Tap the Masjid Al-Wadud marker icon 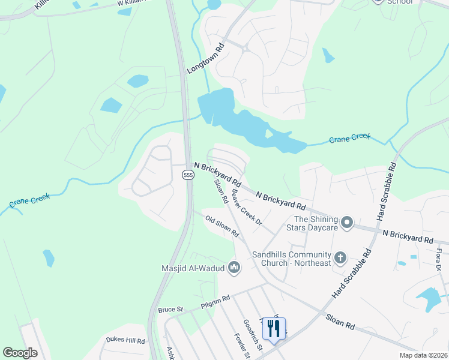234,268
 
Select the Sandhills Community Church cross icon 340,259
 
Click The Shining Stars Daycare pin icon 347,223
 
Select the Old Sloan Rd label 222,226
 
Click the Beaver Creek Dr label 247,208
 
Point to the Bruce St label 170,310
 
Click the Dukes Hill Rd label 125,340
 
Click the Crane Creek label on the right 350,139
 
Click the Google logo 20,353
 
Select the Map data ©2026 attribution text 423,355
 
